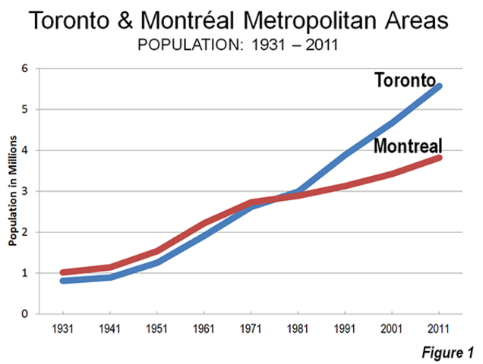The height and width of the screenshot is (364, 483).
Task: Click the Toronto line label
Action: pos(404,80)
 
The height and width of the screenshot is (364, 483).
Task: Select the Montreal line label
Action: pos(408,146)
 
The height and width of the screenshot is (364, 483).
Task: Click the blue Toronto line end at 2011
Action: pos(439,86)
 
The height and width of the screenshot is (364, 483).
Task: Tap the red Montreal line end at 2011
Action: pos(439,158)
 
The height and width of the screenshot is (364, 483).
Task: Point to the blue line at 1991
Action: pos(346,155)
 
